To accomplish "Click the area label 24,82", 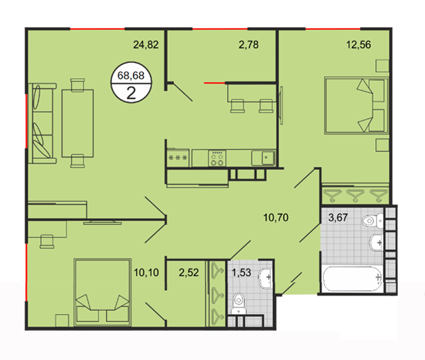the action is [146, 45].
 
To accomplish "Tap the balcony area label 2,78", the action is [248, 45].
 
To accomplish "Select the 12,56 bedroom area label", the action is [359, 45].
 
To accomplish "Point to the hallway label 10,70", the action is [276, 217].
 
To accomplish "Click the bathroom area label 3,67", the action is [338, 217].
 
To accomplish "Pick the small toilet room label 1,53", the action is [242, 272].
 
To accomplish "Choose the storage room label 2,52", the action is [189, 272].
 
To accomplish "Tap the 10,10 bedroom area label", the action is [146, 272].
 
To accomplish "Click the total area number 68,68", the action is [131, 75].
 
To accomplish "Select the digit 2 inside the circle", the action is [131, 94].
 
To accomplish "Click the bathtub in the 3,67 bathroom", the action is [353, 279].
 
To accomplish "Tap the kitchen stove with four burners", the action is [217, 158].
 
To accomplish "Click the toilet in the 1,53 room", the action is [239, 303].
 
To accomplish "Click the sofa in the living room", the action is [42, 124].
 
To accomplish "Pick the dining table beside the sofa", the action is [78, 124].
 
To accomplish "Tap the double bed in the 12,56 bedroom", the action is [357, 106].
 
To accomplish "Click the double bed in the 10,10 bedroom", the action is [103, 292].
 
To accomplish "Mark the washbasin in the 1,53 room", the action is [266, 278].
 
